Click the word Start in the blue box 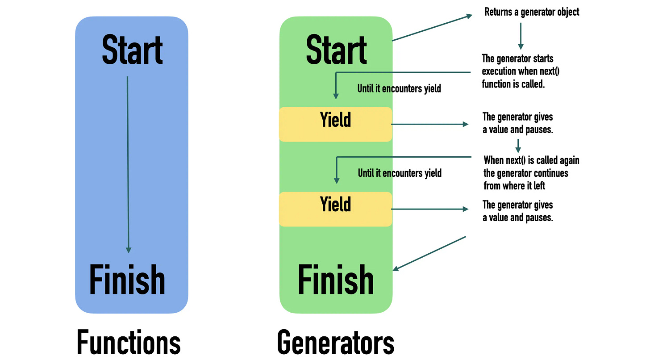132,50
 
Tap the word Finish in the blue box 127,280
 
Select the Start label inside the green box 336,50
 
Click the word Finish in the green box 336,280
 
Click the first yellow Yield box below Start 336,124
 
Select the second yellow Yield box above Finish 336,209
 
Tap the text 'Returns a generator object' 532,12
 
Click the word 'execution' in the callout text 499,71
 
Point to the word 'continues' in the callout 550,173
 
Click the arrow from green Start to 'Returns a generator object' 432,28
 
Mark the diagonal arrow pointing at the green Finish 429,253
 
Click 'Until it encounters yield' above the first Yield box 399,88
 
